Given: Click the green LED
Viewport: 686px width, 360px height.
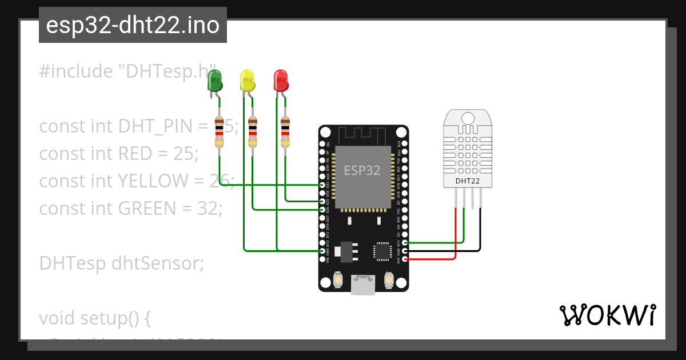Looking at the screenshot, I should [214, 81].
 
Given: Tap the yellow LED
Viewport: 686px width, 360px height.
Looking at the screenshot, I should [247, 81].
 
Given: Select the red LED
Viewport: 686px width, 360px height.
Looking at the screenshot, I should [280, 81].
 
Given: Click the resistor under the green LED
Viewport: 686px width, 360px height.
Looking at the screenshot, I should [219, 131].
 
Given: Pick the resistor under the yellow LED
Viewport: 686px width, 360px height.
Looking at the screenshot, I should [252, 131].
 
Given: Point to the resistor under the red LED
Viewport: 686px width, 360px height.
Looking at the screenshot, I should [285, 131].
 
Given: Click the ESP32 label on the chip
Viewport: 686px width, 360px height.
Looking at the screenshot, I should [362, 170].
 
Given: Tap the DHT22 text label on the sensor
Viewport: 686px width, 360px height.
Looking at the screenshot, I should [467, 182].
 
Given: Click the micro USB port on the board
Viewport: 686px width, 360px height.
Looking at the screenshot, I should [363, 285].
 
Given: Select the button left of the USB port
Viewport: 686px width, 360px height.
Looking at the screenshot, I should [338, 281].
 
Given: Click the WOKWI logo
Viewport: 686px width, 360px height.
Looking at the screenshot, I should [607, 315].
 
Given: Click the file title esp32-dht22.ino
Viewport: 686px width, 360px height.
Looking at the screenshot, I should [133, 26].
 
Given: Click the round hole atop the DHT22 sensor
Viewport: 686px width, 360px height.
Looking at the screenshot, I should [467, 118].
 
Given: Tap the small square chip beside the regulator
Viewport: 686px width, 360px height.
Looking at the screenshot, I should [382, 251].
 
